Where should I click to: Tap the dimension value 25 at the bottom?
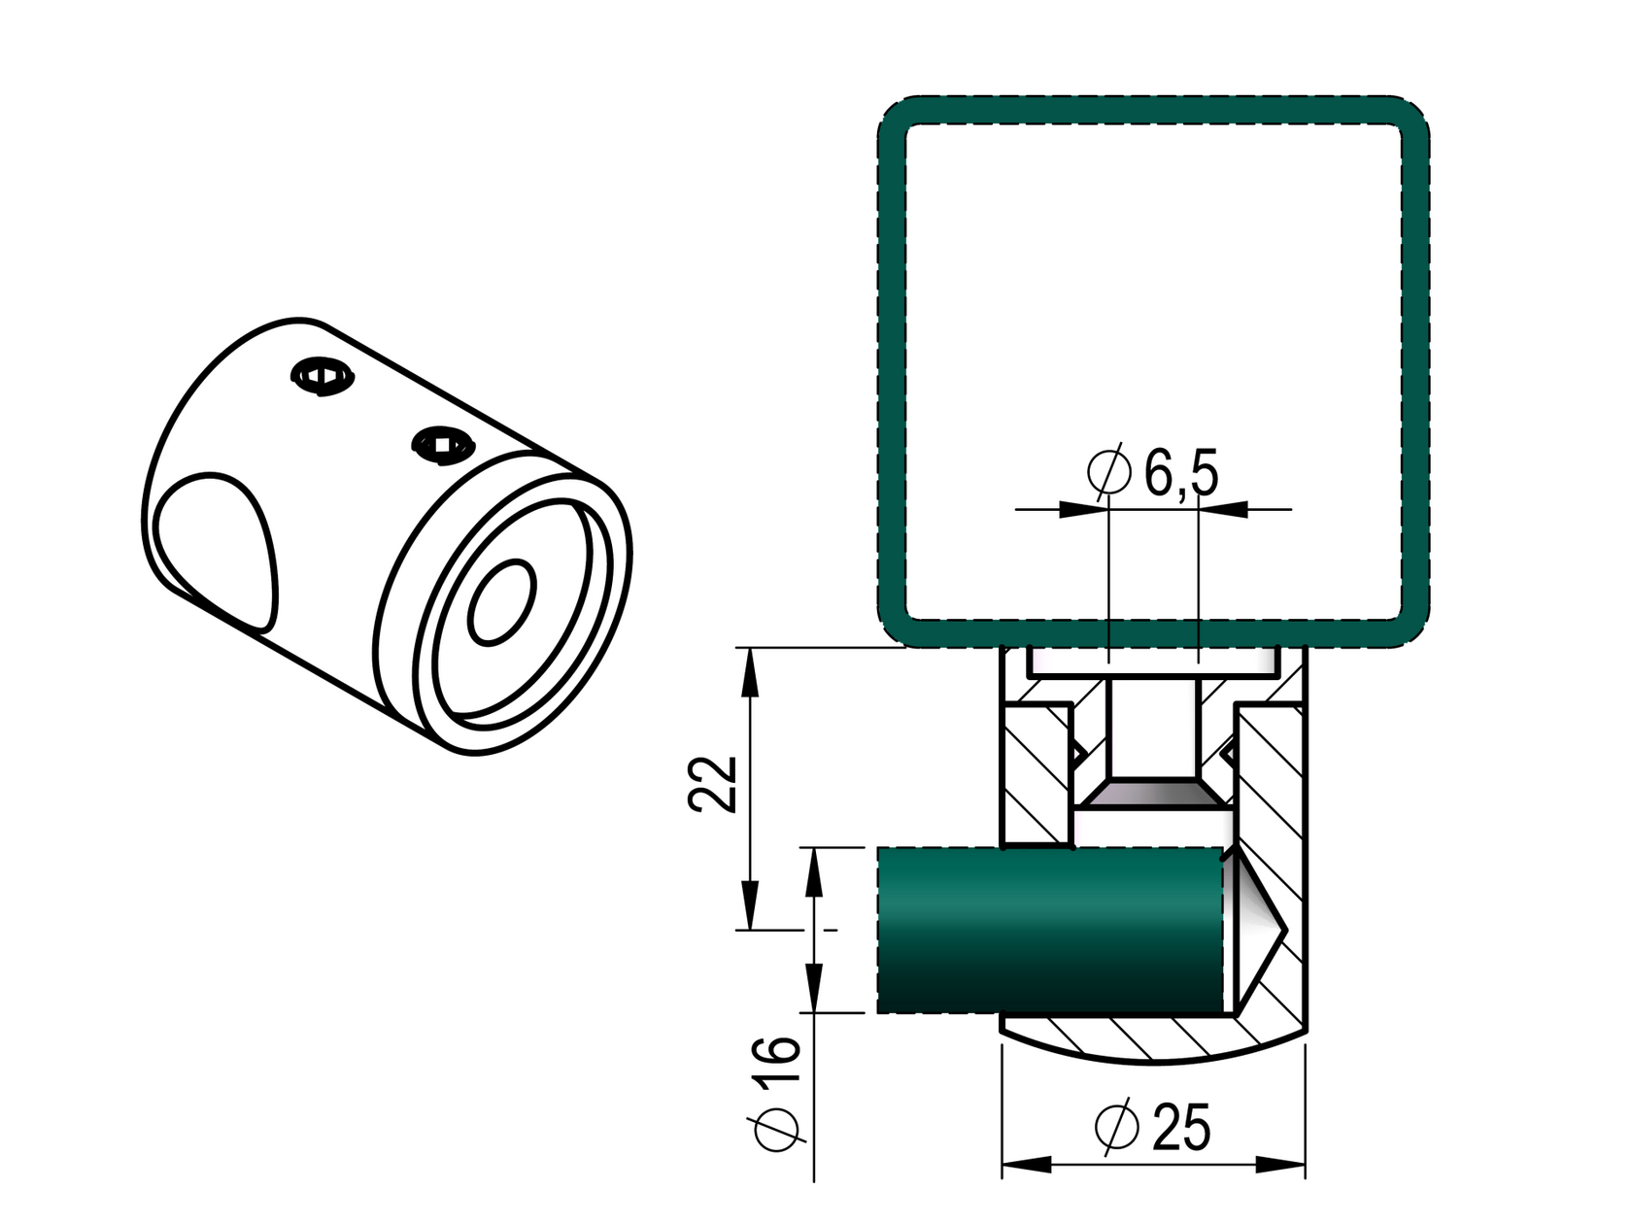pyautogui.click(x=1181, y=1127)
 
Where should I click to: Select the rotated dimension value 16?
pyautogui.click(x=777, y=1064)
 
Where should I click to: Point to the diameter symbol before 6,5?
pyautogui.click(x=1109, y=472)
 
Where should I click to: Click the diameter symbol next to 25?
pyautogui.click(x=1116, y=1127)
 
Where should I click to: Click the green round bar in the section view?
pyautogui.click(x=1049, y=931)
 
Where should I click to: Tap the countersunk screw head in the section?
pyautogui.click(x=1152, y=796)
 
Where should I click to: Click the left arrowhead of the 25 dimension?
pyautogui.click(x=1025, y=1164)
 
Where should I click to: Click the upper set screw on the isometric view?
pyautogui.click(x=322, y=376)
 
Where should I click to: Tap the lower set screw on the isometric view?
pyautogui.click(x=442, y=446)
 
